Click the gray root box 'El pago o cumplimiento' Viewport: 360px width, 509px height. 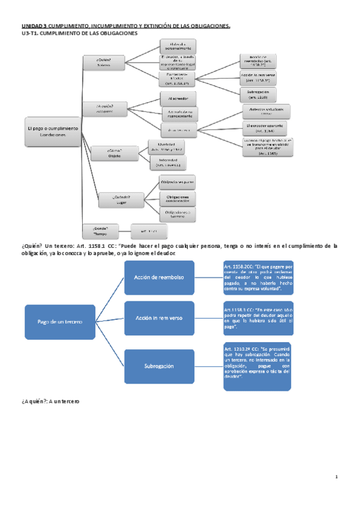(53, 131)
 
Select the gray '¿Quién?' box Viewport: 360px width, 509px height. (103, 62)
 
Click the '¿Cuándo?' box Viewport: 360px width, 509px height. (121, 199)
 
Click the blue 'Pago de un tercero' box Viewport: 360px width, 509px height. (59, 322)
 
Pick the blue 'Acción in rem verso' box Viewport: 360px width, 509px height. (159, 318)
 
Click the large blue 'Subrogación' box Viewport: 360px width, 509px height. (159, 366)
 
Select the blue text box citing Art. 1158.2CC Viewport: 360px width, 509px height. (258, 277)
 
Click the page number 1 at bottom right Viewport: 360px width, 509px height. (337, 477)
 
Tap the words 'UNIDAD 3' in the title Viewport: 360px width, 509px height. (34, 26)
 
